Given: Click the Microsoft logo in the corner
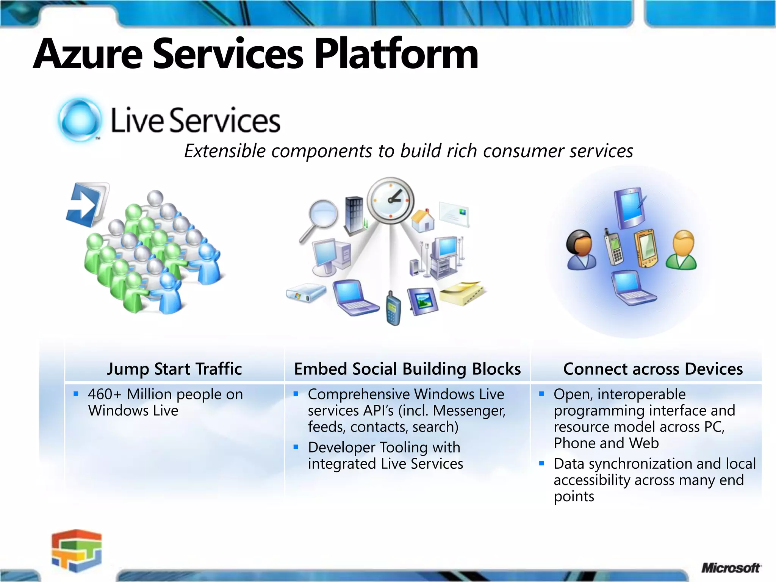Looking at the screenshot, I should point(730,568).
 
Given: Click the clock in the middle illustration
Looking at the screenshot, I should point(391,200).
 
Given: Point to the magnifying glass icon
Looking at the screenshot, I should point(321,218).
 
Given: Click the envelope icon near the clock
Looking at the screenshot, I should point(454,214).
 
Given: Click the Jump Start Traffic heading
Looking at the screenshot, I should point(174,369).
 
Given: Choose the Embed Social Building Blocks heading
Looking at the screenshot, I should point(407,369).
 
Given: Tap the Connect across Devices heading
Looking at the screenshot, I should point(653,369).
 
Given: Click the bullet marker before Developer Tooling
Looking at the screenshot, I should point(296,447).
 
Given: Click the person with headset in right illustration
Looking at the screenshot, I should point(581,250).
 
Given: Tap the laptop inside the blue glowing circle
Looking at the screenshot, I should point(632,288).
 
